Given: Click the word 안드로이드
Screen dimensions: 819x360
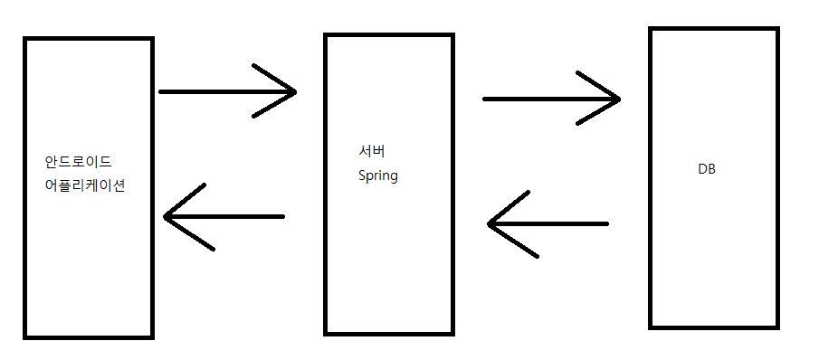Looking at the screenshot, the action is tap(79, 162).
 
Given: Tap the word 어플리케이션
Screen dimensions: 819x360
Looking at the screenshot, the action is tap(85, 185).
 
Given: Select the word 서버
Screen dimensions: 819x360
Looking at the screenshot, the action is tap(372, 151).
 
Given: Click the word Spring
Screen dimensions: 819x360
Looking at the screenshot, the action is tap(378, 175).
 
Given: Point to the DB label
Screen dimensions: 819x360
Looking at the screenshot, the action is tap(707, 169).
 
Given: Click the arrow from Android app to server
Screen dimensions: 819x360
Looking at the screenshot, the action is tap(228, 91).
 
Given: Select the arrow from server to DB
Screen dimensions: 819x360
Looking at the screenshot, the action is tap(551, 99).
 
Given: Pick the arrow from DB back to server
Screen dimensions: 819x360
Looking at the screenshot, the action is tap(548, 223).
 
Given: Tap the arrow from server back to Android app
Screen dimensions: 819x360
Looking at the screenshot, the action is tap(224, 216).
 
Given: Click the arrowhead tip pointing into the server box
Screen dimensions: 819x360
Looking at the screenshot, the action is tap(296, 92).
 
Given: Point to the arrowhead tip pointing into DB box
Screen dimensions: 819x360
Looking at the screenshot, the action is tap(620, 99).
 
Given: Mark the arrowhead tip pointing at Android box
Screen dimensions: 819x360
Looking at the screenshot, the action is tap(164, 216).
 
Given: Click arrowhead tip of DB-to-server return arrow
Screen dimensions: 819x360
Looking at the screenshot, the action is tap(488, 223).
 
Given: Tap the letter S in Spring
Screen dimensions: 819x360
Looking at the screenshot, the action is tap(362, 175).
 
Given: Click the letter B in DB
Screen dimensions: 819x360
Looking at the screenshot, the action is tap(711, 169).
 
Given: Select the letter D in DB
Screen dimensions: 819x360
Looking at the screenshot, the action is tap(702, 169).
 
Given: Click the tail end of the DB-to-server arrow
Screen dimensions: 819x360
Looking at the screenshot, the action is tap(607, 223).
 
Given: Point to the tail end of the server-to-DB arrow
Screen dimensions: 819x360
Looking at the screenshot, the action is tap(484, 99).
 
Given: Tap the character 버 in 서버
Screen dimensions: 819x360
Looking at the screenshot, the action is tap(379, 151).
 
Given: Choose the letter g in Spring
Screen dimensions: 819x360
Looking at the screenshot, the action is tap(394, 177).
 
